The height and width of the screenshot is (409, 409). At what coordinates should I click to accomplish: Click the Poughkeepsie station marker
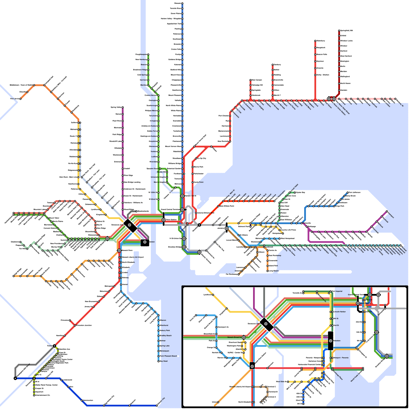pyautogui.click(x=148, y=54)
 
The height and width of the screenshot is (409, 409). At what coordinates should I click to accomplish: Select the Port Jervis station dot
pyautogui.click(x=20, y=99)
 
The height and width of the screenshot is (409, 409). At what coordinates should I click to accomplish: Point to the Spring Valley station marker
pyautogui.click(x=123, y=107)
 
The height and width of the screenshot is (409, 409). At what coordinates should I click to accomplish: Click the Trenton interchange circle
pyautogui.click(x=54, y=346)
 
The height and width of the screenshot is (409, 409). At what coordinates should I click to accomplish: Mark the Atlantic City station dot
pyautogui.click(x=157, y=405)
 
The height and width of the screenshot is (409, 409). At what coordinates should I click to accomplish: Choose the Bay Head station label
pyautogui.click(x=164, y=361)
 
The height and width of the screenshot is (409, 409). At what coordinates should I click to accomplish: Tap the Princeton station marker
pyautogui.click(x=70, y=320)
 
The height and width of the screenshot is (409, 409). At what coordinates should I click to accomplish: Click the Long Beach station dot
pyautogui.click(x=267, y=271)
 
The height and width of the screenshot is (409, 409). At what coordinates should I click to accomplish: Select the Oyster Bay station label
pyautogui.click(x=300, y=192)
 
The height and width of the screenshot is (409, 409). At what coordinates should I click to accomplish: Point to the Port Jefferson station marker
pyautogui.click(x=348, y=192)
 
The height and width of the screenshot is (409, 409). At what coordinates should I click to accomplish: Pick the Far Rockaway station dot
pyautogui.click(x=238, y=274)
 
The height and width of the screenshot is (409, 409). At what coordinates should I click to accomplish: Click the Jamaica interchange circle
pyautogui.click(x=226, y=228)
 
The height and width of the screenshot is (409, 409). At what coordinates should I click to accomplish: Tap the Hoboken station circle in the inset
pyautogui.click(x=331, y=341)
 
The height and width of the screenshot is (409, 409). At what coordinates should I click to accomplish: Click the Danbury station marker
pyautogui.click(x=272, y=65)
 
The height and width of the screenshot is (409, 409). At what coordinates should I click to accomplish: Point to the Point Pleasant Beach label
pyautogui.click(x=168, y=356)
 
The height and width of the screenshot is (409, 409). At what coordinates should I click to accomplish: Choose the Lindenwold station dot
pyautogui.click(x=61, y=380)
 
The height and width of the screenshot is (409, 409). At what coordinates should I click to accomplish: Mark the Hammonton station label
pyautogui.click(x=88, y=400)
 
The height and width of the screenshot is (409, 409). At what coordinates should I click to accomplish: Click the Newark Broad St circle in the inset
pyautogui.click(x=244, y=337)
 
